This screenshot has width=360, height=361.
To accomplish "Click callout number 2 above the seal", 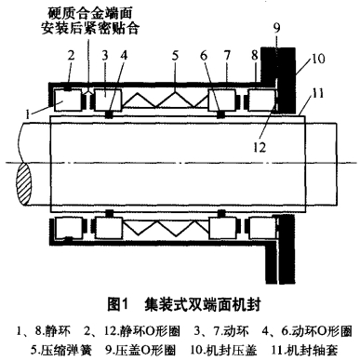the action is click(72, 56).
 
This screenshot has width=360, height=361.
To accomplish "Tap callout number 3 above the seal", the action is click(105, 56).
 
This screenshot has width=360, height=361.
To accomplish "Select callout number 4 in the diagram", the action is click(124, 56).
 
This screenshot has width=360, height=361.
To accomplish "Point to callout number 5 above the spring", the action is click(176, 56).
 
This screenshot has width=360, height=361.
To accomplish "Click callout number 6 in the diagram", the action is click(204, 56).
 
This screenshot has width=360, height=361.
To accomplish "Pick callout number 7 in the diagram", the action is click(228, 56).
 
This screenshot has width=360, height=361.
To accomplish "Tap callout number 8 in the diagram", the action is click(255, 56).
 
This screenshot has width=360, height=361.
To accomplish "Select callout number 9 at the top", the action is click(276, 28).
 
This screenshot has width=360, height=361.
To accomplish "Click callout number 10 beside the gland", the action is click(318, 59).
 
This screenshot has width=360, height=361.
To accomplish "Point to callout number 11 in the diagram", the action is click(317, 93).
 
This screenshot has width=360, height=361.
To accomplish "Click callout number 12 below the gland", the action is click(260, 147).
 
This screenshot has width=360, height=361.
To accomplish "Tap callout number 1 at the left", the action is click(28, 115).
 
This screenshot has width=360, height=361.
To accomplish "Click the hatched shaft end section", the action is click(24, 183).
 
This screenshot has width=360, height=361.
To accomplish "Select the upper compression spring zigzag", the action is click(165, 100).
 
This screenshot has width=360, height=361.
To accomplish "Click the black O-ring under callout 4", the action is click(109, 114).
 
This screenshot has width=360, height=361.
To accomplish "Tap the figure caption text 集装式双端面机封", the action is click(202, 304).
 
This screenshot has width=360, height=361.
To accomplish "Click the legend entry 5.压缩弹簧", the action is click(61, 350).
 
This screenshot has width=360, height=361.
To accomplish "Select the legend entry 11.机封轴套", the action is click(304, 350).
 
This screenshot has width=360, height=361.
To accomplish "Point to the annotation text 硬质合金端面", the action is click(90, 13).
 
